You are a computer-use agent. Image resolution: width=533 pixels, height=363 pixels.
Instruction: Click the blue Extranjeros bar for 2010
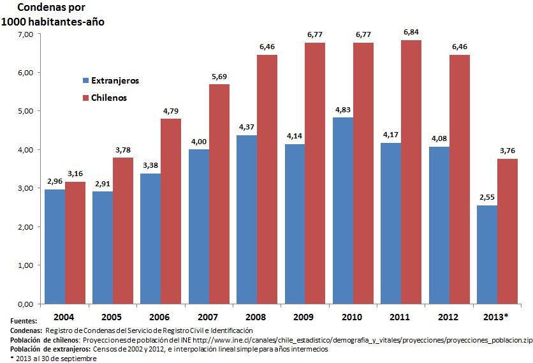(x=343, y=211)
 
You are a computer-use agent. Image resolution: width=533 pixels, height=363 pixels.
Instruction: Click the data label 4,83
(x=343, y=109)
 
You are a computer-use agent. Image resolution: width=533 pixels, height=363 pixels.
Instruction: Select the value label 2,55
(x=487, y=197)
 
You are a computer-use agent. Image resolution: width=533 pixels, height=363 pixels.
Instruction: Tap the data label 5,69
(x=219, y=76)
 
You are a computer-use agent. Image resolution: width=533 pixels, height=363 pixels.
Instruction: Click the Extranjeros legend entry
(x=109, y=81)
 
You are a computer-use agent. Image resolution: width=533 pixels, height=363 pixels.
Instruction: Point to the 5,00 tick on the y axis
(x=24, y=111)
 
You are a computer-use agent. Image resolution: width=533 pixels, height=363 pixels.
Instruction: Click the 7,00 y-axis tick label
(x=24, y=34)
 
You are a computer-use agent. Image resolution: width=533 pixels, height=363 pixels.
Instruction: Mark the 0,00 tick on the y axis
(x=24, y=304)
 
